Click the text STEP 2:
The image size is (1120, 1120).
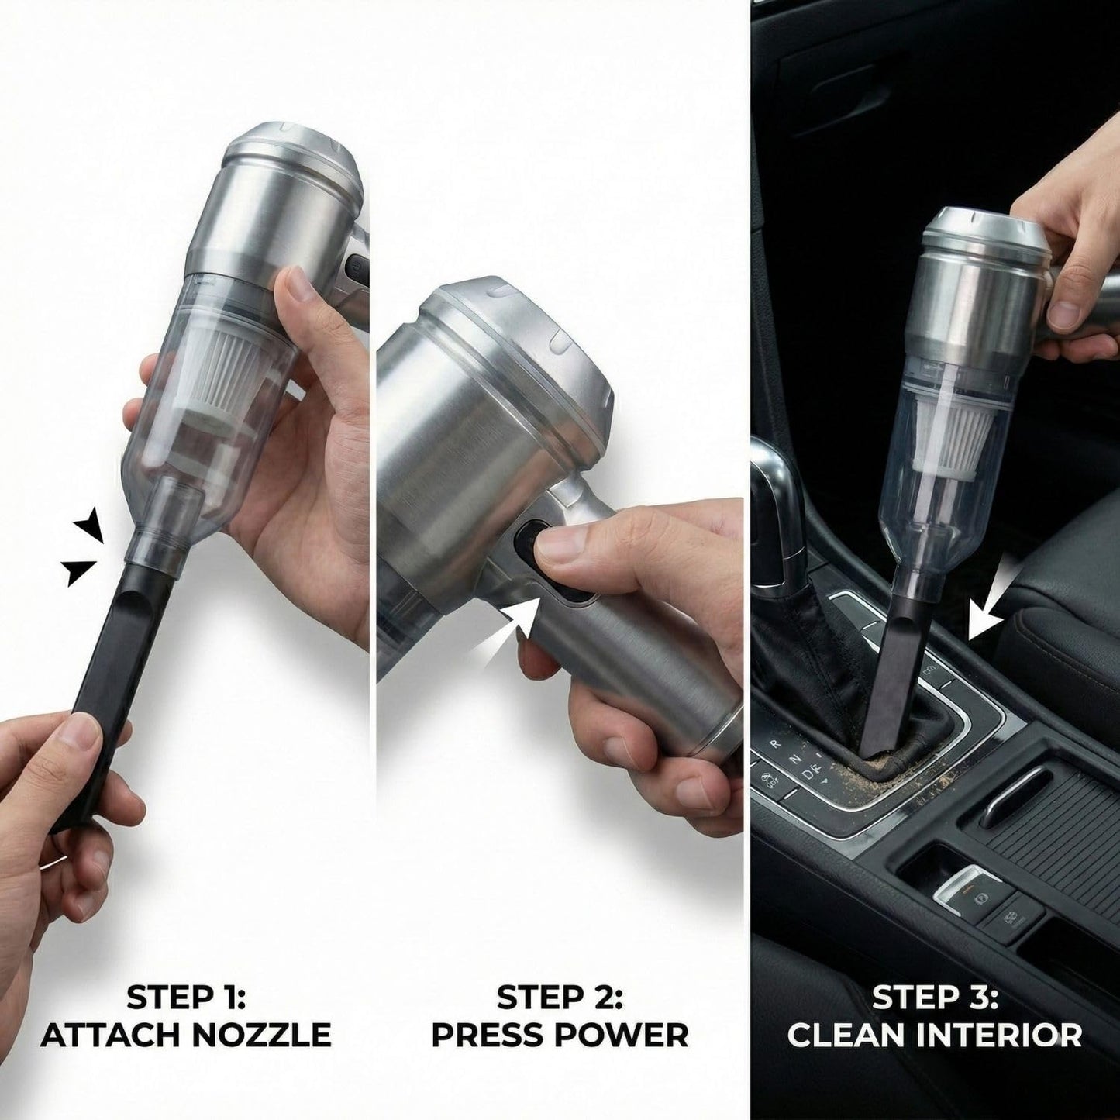(x=560, y=997)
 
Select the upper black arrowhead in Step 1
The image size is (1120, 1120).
(x=93, y=525)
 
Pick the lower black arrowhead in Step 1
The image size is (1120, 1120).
(x=81, y=571)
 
